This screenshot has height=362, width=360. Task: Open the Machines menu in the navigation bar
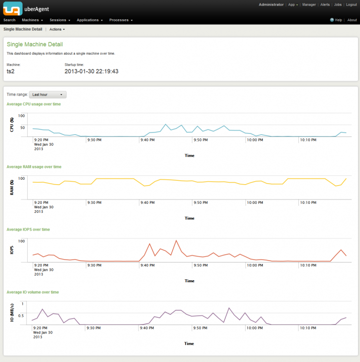33,20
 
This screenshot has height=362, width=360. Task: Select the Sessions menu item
60,20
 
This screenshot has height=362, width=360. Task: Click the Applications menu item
89,20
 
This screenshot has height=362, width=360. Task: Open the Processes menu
121,20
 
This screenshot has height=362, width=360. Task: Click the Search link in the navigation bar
9,20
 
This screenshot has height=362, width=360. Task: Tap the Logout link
351,4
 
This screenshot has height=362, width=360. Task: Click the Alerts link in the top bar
325,4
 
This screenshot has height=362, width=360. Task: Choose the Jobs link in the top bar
338,4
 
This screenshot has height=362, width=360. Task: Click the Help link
338,20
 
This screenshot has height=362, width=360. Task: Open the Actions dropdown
57,30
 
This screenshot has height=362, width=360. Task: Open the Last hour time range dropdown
48,95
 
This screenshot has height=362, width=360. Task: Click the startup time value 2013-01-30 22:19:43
91,71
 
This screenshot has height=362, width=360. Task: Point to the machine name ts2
10,71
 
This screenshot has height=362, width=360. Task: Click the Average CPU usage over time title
34,104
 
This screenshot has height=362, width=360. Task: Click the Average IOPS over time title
28,230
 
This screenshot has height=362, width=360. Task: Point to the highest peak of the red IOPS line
176,241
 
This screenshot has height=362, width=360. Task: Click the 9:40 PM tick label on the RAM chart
147,202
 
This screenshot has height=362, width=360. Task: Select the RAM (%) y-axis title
12,188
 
